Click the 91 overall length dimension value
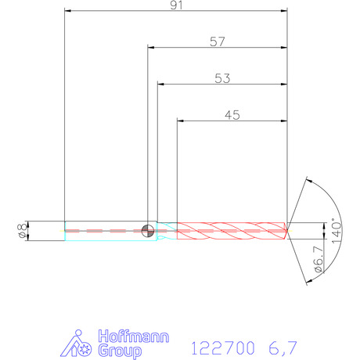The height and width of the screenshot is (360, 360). click(x=176, y=5)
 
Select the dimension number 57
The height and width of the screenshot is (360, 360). click(x=218, y=41)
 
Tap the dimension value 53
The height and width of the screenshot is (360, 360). click(x=222, y=78)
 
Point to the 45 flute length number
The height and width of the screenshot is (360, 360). click(x=232, y=115)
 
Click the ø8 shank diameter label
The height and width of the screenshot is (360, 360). click(x=22, y=231)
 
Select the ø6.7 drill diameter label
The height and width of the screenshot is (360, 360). click(x=319, y=259)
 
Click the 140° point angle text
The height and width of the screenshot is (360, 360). click(x=337, y=231)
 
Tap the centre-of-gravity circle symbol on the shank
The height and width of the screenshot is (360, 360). click(x=148, y=231)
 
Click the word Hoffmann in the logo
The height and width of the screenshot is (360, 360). click(x=134, y=337)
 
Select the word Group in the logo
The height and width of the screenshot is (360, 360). click(x=120, y=351)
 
